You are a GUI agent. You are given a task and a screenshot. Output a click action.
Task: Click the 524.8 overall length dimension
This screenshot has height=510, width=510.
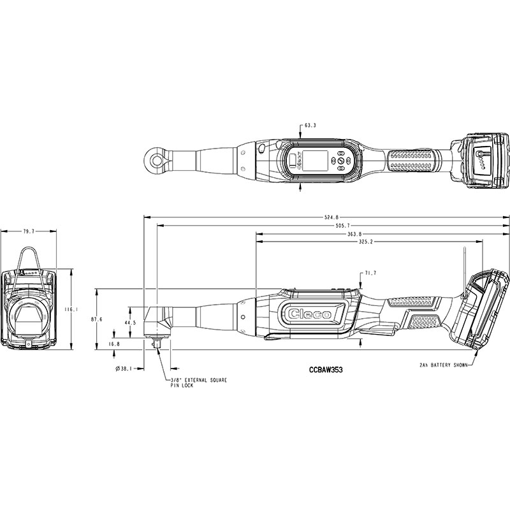coord(331,217)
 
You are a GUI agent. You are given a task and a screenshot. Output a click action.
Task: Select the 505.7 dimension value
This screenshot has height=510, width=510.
coord(342,226)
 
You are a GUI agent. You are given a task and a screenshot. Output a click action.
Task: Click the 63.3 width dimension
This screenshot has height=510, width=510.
coord(310,125)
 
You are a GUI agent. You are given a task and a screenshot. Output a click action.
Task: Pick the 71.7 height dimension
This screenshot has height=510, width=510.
coord(370,273)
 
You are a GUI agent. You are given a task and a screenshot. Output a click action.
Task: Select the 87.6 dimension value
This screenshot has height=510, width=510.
coord(97,319)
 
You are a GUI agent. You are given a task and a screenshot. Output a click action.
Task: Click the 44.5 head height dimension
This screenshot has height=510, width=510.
coord(130,323)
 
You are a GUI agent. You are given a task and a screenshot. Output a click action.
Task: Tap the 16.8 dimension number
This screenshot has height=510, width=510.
coord(114,344)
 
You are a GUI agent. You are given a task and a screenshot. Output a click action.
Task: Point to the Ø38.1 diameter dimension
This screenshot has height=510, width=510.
coord(124,369)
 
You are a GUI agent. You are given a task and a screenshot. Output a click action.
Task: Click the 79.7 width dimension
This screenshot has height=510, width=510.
coord(28,231)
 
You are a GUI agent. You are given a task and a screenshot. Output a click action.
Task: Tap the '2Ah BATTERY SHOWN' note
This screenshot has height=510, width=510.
coord(444,365)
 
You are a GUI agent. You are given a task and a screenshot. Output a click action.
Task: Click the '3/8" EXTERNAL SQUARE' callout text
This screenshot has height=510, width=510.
coord(199,380)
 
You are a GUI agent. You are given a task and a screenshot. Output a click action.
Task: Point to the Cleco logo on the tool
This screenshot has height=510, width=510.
coord(310,314)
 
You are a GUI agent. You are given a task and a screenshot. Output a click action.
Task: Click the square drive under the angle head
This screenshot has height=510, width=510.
coord(157,344)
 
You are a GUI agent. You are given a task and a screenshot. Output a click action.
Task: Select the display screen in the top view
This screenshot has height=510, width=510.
coord(315,161)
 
